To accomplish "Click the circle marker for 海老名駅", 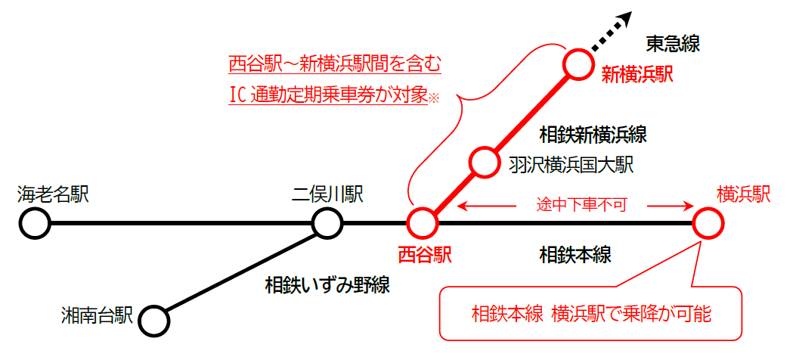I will [35, 224].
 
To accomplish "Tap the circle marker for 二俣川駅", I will [327, 224].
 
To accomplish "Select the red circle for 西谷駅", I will [423, 224].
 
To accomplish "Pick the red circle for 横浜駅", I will [708, 224].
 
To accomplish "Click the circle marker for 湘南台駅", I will [154, 320].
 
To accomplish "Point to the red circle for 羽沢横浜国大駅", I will [484, 161].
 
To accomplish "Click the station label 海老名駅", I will [53, 195].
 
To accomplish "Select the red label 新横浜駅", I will [637, 74].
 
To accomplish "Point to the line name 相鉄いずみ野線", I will [327, 285].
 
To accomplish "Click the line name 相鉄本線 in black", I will [575, 253].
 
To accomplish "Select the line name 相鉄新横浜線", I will [593, 135].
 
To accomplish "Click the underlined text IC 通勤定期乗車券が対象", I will [329, 96].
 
